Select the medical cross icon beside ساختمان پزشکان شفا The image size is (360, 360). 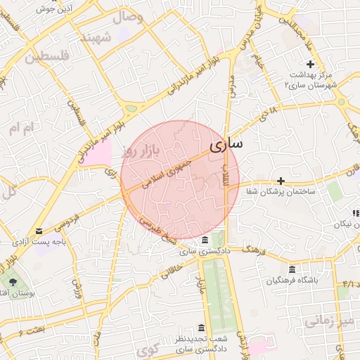281,181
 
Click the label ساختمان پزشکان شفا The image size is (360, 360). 281,192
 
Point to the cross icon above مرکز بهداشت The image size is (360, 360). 310,65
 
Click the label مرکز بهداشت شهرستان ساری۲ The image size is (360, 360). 311,79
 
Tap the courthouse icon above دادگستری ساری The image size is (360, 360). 205,239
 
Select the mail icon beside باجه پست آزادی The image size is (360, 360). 38,231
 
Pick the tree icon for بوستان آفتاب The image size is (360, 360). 13,283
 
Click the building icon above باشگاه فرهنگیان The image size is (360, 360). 292,269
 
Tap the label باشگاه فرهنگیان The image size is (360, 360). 292,281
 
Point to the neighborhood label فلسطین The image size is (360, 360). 47,56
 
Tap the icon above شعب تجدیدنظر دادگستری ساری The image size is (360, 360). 202,328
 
